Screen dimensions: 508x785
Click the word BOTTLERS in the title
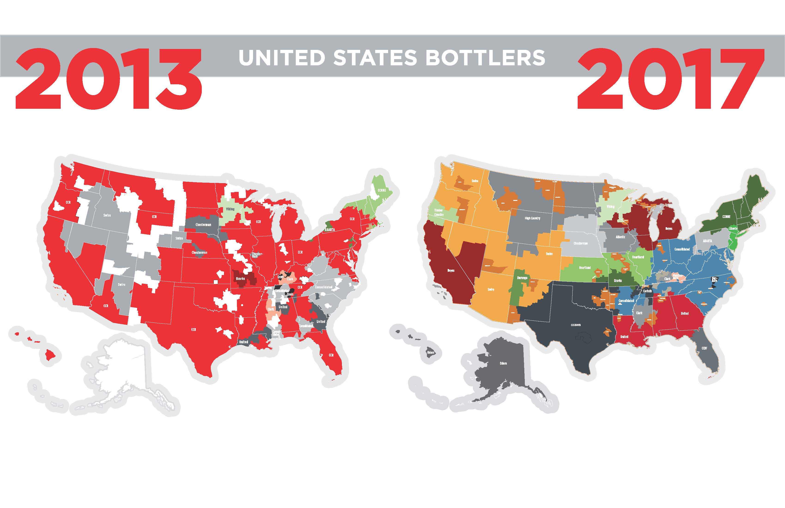click(x=485, y=58)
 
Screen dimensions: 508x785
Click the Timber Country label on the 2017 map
click(x=439, y=212)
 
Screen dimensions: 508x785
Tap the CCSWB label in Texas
click(x=576, y=325)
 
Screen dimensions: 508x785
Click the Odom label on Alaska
click(x=503, y=363)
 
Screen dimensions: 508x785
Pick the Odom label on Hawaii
click(x=431, y=353)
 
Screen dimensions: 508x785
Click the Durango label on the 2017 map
click(x=522, y=278)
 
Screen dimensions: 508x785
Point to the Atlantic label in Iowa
click(x=620, y=237)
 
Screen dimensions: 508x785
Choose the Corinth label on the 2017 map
click(x=647, y=291)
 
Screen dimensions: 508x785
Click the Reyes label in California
click(x=451, y=270)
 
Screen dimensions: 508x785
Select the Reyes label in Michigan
click(x=669, y=229)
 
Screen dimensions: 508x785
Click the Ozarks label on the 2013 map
click(x=240, y=278)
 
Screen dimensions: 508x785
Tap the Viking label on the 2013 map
click(x=230, y=209)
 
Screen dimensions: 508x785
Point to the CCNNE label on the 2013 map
click(x=382, y=190)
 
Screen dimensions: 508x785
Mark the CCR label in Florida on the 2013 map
click(x=331, y=355)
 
